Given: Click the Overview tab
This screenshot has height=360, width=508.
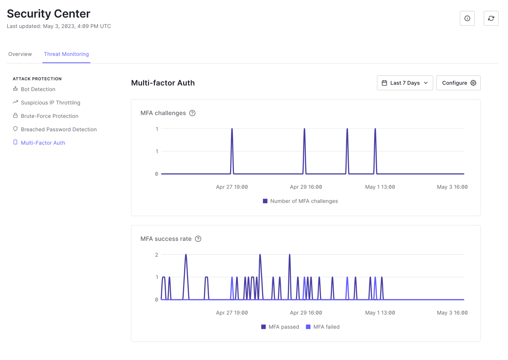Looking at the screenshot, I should [20, 54].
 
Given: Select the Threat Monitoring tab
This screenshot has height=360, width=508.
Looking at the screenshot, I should [66, 54].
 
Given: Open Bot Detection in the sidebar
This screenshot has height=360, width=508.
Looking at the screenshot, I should [38, 89].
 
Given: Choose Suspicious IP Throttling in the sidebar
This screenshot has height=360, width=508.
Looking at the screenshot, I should [50, 103].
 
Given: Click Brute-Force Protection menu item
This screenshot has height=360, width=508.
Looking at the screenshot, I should [49, 116].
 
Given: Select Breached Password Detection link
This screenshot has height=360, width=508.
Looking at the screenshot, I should [59, 129].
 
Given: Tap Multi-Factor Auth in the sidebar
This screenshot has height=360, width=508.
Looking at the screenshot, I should [43, 143].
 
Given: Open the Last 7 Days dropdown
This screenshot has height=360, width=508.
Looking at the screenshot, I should [405, 83].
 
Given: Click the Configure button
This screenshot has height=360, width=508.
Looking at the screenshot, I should [458, 83].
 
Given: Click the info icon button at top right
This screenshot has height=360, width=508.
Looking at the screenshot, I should [467, 18].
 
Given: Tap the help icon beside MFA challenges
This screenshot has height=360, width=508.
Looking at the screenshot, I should [192, 113].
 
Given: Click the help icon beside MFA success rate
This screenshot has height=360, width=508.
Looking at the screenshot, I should [198, 239].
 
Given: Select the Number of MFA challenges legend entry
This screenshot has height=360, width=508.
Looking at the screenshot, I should [300, 201].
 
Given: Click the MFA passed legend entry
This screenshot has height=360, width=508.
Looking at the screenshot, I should [280, 327].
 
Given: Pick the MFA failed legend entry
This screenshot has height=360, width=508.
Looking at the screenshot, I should [323, 327].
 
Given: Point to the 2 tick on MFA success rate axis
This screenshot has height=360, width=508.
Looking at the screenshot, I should [156, 255].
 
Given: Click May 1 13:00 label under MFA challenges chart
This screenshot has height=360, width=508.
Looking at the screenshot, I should [380, 187].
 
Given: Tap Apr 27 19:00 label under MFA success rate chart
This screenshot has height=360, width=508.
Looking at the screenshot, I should [232, 313].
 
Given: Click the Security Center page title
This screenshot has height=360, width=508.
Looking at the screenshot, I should [48, 14].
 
